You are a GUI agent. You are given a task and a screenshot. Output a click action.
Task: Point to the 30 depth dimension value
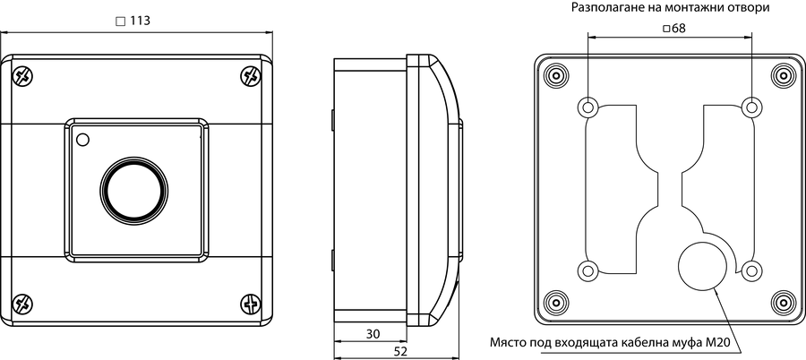click(373, 334)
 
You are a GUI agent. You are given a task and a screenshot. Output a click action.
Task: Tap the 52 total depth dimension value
click(400, 352)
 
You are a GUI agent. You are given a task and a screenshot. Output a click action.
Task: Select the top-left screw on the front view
click(22, 76)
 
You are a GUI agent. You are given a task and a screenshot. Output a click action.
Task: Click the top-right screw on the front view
click(251, 76)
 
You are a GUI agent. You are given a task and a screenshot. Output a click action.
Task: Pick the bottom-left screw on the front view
click(22, 304)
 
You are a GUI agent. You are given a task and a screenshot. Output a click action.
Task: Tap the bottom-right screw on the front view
click(251, 304)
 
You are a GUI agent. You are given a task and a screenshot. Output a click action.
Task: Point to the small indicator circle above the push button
click(82, 139)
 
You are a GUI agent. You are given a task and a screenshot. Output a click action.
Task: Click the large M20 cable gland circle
click(703, 265)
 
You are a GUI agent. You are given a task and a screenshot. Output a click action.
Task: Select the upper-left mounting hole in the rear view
click(588, 107)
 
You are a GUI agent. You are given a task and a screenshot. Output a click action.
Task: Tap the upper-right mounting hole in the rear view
click(751, 107)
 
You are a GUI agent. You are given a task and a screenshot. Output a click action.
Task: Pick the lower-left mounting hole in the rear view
click(588, 270)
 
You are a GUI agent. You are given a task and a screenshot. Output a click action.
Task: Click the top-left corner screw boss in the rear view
click(556, 76)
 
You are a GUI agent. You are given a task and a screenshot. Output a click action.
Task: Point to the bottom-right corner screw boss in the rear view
click(783, 302)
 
